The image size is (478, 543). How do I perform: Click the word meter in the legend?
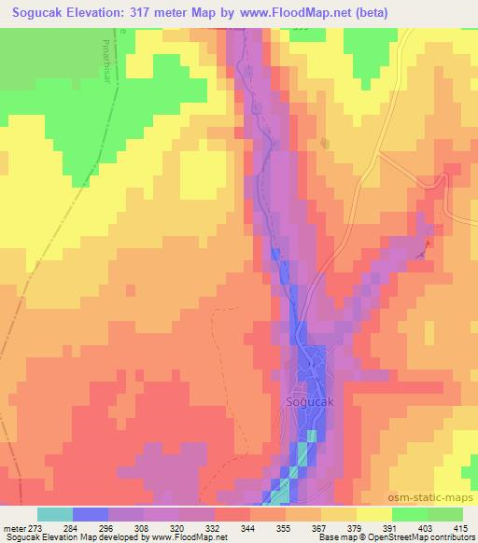click(11, 528)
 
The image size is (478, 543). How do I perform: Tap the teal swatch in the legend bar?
click(55, 514)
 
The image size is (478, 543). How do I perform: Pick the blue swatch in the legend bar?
click(91, 514)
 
